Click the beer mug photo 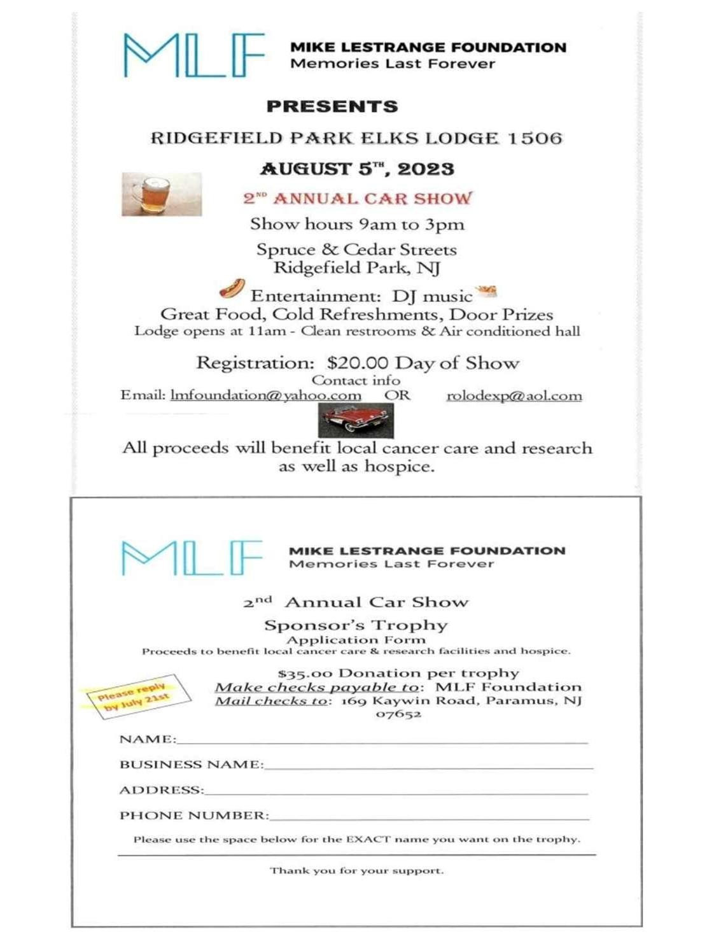162,194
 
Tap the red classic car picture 356,420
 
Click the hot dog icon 232,288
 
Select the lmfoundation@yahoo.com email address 266,395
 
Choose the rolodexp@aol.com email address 514,396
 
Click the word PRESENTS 332,106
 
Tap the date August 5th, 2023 357,169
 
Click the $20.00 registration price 357,363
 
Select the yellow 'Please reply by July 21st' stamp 134,696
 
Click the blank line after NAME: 382,740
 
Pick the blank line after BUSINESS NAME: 428,765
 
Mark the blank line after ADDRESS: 396,791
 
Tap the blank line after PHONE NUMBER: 429,816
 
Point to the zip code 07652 398,714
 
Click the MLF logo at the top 193,55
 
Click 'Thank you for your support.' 356,870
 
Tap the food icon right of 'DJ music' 486,292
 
